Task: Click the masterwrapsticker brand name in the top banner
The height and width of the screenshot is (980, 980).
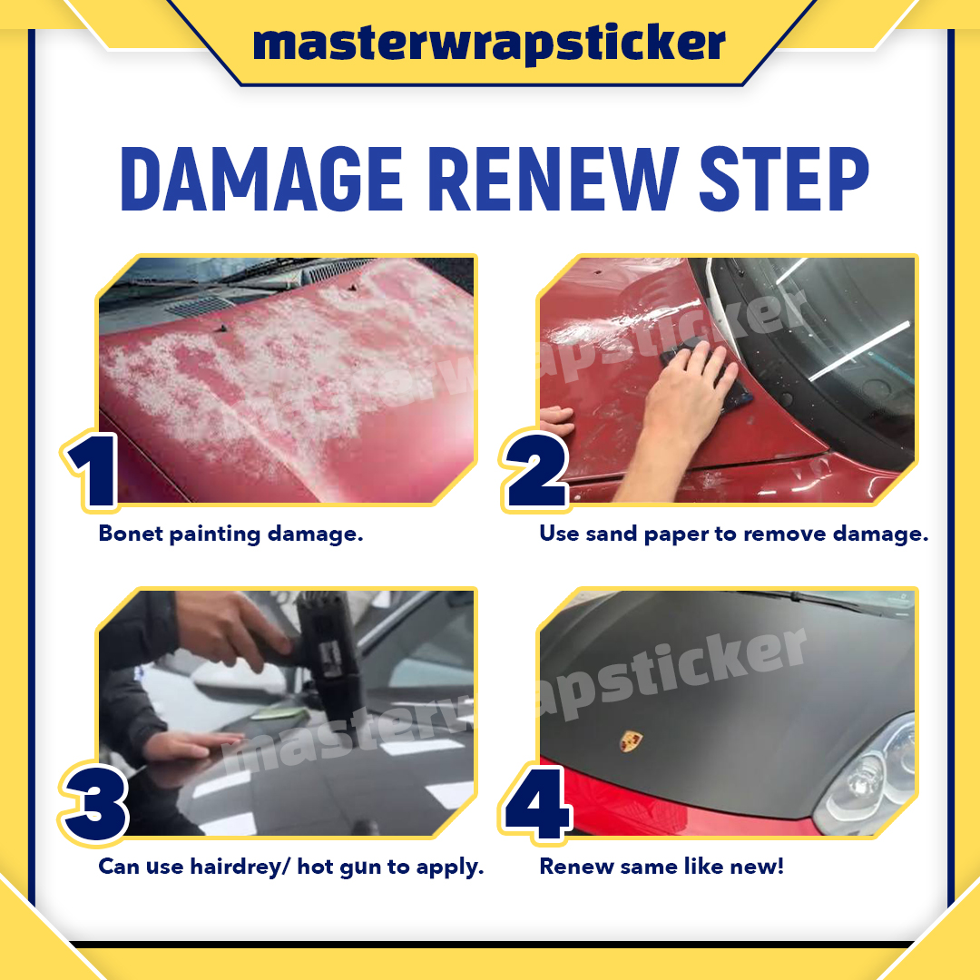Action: click(489, 44)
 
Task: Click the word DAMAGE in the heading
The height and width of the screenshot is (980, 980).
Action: click(261, 180)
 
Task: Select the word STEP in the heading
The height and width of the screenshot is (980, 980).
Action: click(784, 180)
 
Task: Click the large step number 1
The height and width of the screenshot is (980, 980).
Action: click(93, 471)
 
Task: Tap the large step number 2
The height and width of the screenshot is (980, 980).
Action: click(536, 470)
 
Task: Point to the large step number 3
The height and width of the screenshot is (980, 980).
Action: click(95, 804)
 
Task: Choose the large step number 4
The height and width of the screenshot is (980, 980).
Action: click(537, 804)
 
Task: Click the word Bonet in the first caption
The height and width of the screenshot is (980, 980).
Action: click(130, 534)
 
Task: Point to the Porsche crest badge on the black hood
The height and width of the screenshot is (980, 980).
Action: click(632, 741)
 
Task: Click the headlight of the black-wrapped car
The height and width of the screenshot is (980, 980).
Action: click(868, 779)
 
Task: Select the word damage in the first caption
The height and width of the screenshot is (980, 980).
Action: click(315, 534)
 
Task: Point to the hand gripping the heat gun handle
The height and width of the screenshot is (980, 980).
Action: click(231, 632)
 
